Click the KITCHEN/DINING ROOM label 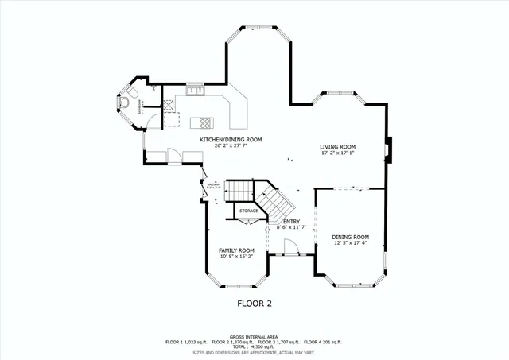point(231,139)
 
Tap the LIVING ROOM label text point(337,147)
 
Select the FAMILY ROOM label point(236,250)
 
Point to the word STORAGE point(249,211)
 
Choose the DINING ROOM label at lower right point(350,237)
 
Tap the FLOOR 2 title point(254,304)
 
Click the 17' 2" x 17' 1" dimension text point(337,153)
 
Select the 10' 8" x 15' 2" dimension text point(236,257)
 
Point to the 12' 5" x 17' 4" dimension point(350,243)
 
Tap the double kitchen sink point(194,91)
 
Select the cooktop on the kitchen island point(205,122)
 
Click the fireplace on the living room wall point(389,149)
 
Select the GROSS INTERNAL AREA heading point(254,336)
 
